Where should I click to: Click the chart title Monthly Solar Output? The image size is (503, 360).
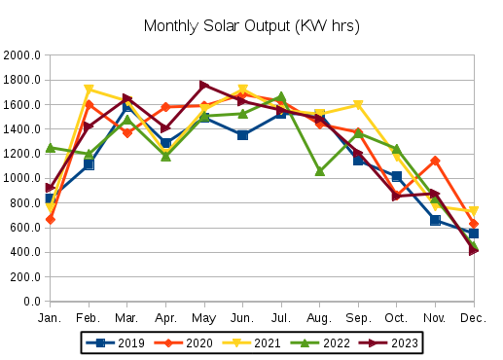(x=251, y=26)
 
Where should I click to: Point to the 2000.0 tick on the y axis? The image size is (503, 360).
(x=22, y=55)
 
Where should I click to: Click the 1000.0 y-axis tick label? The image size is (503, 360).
(x=22, y=178)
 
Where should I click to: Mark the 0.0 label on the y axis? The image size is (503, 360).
(x=30, y=302)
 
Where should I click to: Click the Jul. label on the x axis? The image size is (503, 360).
(x=281, y=317)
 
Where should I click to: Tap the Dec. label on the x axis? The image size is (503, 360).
(x=474, y=317)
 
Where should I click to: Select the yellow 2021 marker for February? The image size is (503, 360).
(x=89, y=90)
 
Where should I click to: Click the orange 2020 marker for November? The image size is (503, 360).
(x=435, y=161)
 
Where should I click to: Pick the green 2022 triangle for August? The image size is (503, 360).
(x=319, y=171)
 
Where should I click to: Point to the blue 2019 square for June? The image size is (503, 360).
(x=242, y=135)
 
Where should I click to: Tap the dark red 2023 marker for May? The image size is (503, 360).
(x=204, y=86)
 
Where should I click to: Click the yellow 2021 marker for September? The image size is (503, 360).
(x=358, y=105)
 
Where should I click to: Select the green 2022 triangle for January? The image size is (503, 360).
(x=50, y=148)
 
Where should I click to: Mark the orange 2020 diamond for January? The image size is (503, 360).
(x=50, y=219)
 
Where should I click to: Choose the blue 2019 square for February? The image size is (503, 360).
(x=89, y=164)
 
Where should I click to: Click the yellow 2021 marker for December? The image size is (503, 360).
(x=474, y=211)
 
